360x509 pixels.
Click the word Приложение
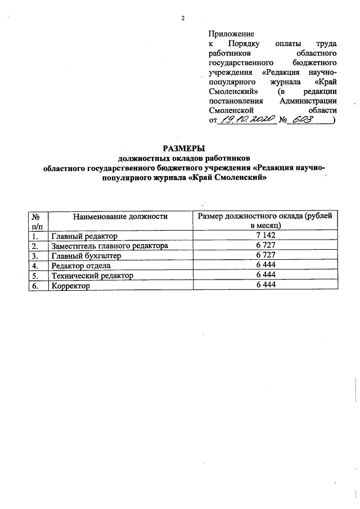[x=231, y=34]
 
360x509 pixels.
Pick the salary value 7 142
[x=265, y=236]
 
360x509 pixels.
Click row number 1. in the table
[x=37, y=236]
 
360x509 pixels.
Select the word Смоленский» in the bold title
[x=237, y=178]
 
